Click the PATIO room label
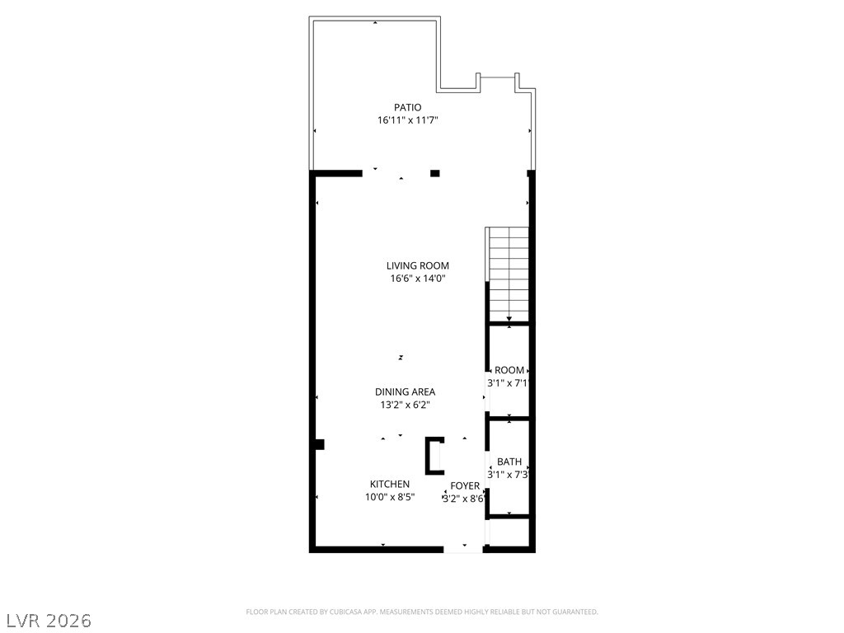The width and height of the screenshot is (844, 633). pos(407,108)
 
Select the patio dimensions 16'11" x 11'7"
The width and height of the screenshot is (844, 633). pos(407,120)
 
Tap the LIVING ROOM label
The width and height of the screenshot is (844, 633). pos(418,265)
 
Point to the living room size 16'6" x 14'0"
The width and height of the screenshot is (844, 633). pos(418,279)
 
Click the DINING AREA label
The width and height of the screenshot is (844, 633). pos(406,392)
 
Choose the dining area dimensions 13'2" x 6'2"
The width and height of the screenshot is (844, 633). pos(406,405)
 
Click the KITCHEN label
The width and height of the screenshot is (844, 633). pos(390,484)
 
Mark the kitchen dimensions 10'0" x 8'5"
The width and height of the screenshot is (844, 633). pos(390,497)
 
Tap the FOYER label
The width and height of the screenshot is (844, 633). pos(465,486)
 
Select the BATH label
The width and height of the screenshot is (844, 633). pos(509,462)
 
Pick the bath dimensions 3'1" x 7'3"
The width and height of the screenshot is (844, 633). pos(509,475)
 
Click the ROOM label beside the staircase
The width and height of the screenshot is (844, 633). pos(509,370)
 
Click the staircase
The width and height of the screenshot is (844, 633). pos(508,274)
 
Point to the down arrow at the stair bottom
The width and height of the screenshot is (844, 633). pos(509,320)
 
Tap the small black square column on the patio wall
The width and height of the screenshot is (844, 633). pos(435,173)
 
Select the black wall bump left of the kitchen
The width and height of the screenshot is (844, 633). pos(320,444)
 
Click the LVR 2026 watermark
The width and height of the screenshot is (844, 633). pos(46,621)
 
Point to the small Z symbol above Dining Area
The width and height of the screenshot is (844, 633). pos(401,358)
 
